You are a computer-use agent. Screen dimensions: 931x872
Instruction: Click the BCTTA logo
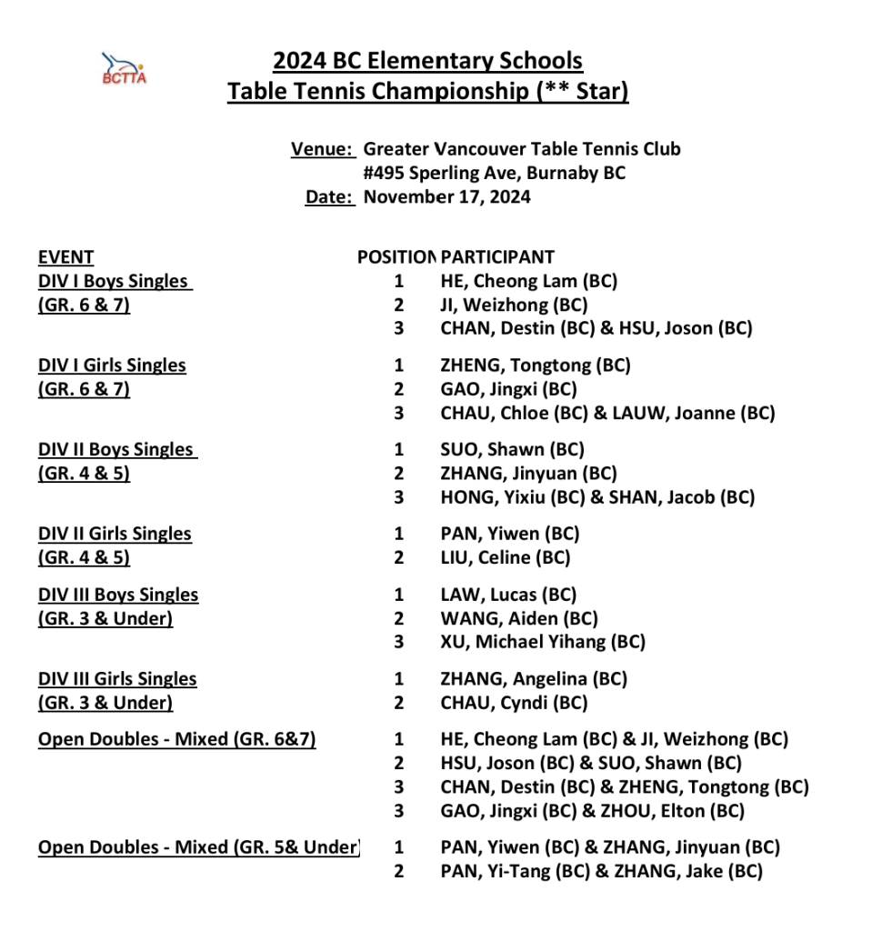(124, 68)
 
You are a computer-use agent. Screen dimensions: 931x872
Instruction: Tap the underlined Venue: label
(323, 149)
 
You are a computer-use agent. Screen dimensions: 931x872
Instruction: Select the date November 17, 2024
(446, 197)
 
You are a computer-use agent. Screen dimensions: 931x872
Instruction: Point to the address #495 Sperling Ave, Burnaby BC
(494, 173)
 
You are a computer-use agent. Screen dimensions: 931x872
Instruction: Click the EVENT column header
(65, 257)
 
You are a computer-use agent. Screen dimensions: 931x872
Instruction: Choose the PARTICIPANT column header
(497, 257)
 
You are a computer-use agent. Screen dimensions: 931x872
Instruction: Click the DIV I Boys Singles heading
(115, 281)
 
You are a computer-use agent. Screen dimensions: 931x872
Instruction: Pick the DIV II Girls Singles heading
(115, 534)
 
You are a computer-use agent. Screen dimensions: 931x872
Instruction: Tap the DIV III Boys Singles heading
(118, 595)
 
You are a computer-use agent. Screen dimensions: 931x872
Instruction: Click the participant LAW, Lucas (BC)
(508, 595)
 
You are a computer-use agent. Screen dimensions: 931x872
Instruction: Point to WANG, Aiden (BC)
(519, 618)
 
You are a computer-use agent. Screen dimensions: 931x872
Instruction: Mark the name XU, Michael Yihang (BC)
(543, 642)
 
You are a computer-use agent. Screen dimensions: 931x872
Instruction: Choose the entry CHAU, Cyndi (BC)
(514, 703)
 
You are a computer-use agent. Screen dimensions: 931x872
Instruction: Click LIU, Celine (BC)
(505, 557)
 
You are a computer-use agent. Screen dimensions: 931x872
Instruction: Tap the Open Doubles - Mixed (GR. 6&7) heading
(177, 739)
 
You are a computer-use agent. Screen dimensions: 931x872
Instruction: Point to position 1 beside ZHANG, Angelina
(398, 679)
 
